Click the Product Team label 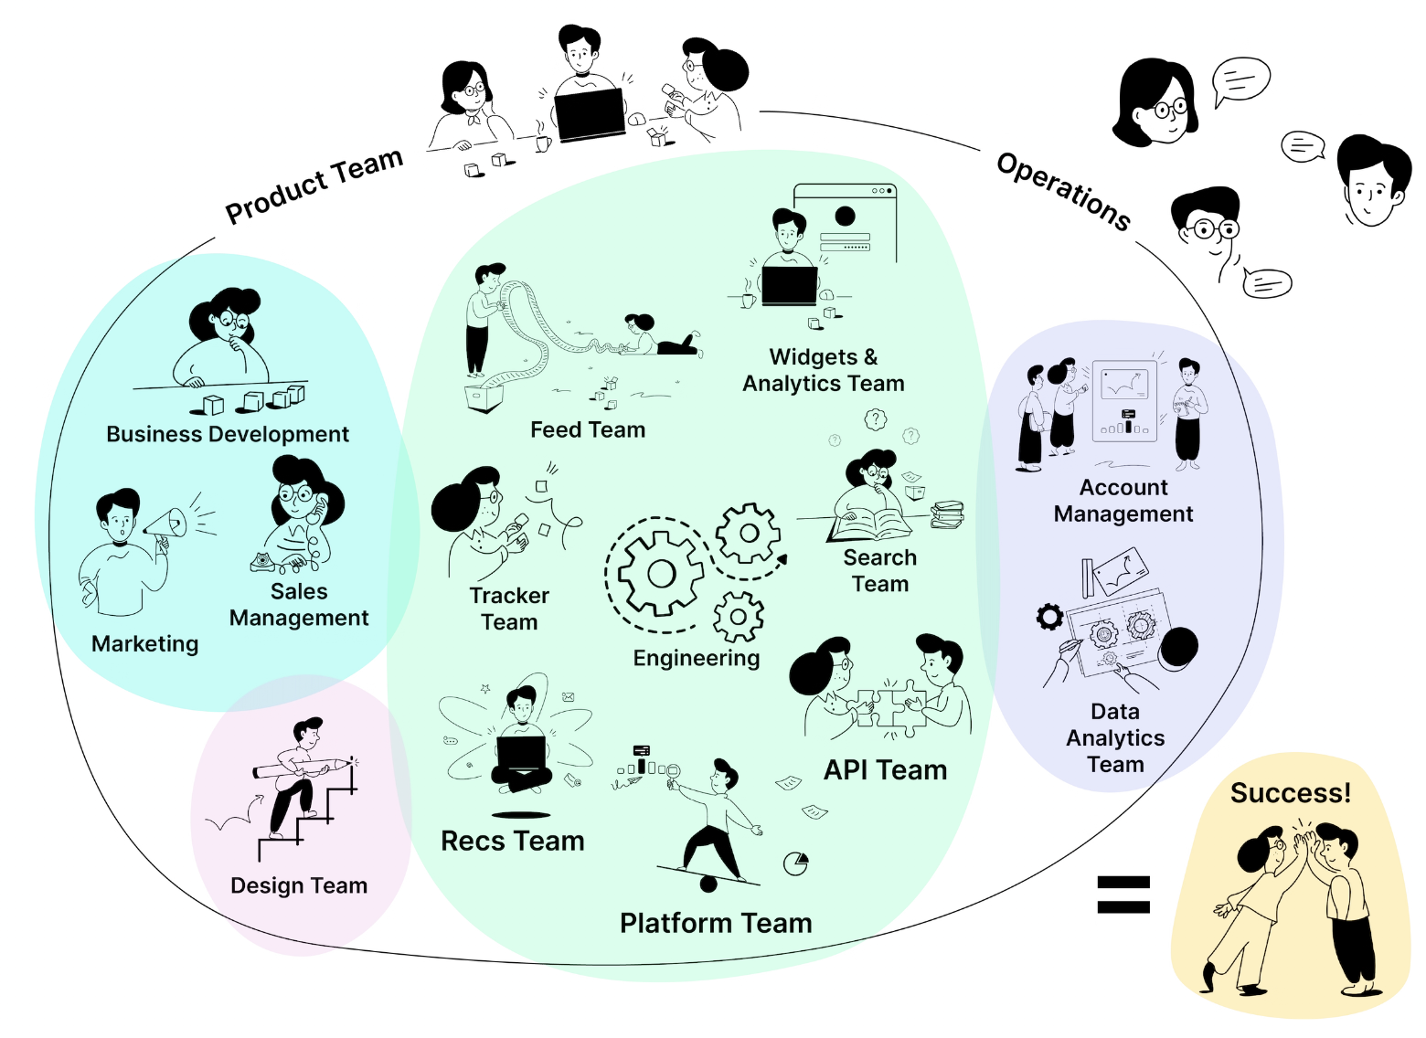tap(314, 185)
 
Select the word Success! tap(1290, 793)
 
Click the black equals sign tap(1123, 895)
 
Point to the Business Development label tap(228, 434)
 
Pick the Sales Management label tap(299, 605)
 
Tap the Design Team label tap(299, 885)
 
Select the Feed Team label tap(588, 429)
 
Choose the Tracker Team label tap(509, 609)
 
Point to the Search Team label tap(880, 570)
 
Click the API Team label tap(885, 770)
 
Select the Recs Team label tap(512, 841)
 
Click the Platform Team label tap(716, 923)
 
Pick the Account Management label tap(1123, 501)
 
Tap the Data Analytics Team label tap(1115, 737)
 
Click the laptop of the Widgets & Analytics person tap(790, 285)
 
